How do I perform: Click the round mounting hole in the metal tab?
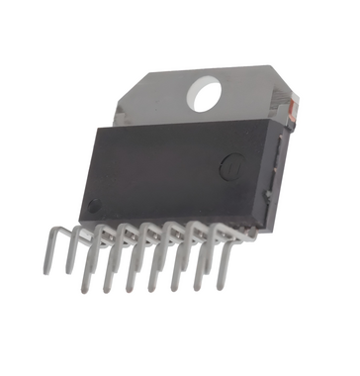[207, 94]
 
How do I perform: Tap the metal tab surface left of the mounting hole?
[158, 99]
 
